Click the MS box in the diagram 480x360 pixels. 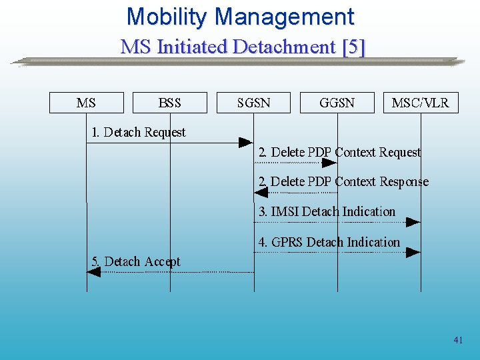click(87, 103)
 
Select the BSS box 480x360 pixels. click(170, 103)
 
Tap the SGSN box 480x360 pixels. click(254, 103)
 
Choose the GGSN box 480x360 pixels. click(337, 103)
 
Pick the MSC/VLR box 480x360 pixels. click(421, 103)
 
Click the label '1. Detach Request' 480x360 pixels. click(139, 132)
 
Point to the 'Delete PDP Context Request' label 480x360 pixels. click(340, 152)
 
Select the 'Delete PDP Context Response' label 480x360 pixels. click(343, 181)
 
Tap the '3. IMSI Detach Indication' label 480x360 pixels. click(327, 211)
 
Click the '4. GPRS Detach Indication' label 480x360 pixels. click(329, 242)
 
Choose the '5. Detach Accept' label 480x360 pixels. click(136, 261)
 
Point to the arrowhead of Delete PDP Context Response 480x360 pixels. click(261, 192)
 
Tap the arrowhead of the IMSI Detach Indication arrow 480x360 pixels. click(413, 222)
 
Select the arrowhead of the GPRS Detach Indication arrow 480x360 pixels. click(413, 252)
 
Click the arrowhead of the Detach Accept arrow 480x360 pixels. click(94, 272)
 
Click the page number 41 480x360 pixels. click(458, 340)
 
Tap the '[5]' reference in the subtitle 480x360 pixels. click(353, 47)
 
